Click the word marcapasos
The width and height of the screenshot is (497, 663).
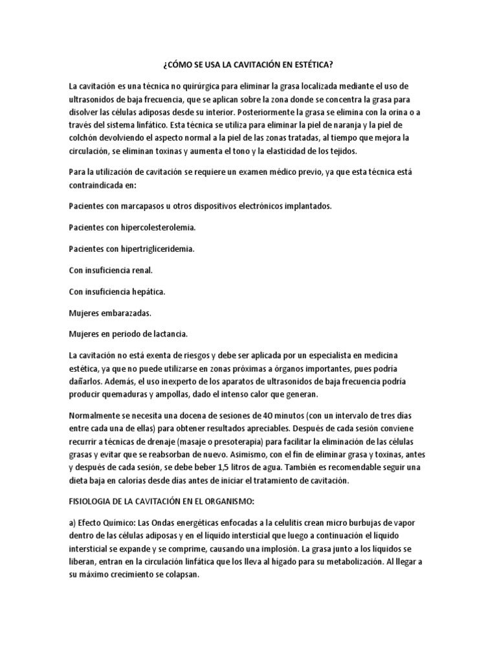[x=140, y=206]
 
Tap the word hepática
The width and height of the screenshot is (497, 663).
[x=148, y=291]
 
